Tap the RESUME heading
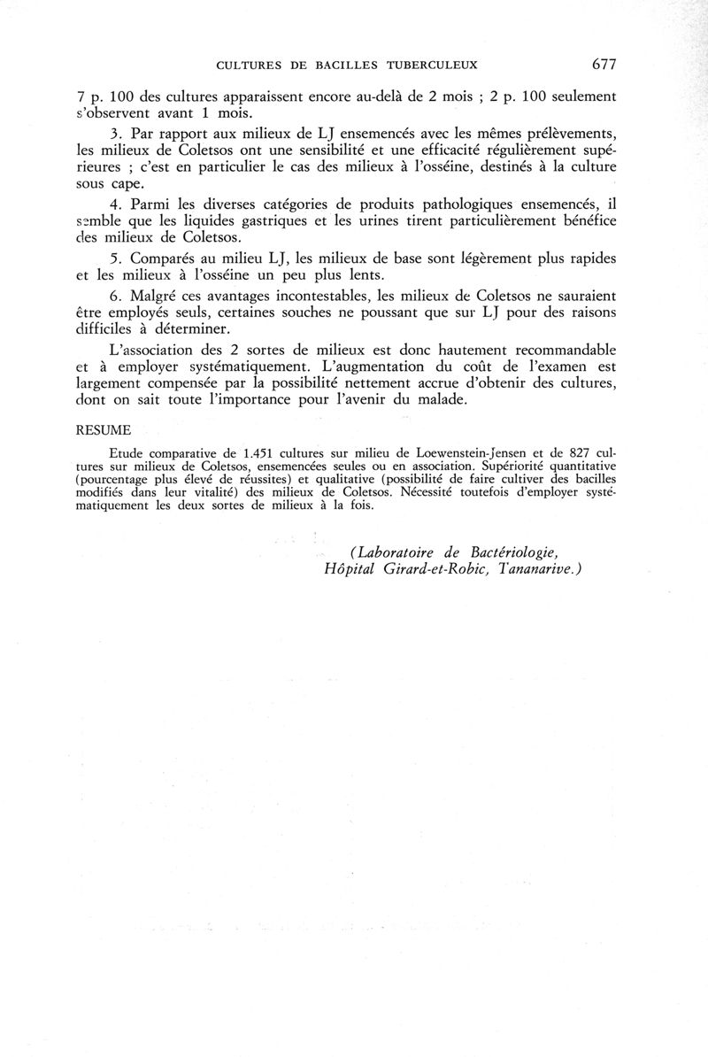click(103, 430)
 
